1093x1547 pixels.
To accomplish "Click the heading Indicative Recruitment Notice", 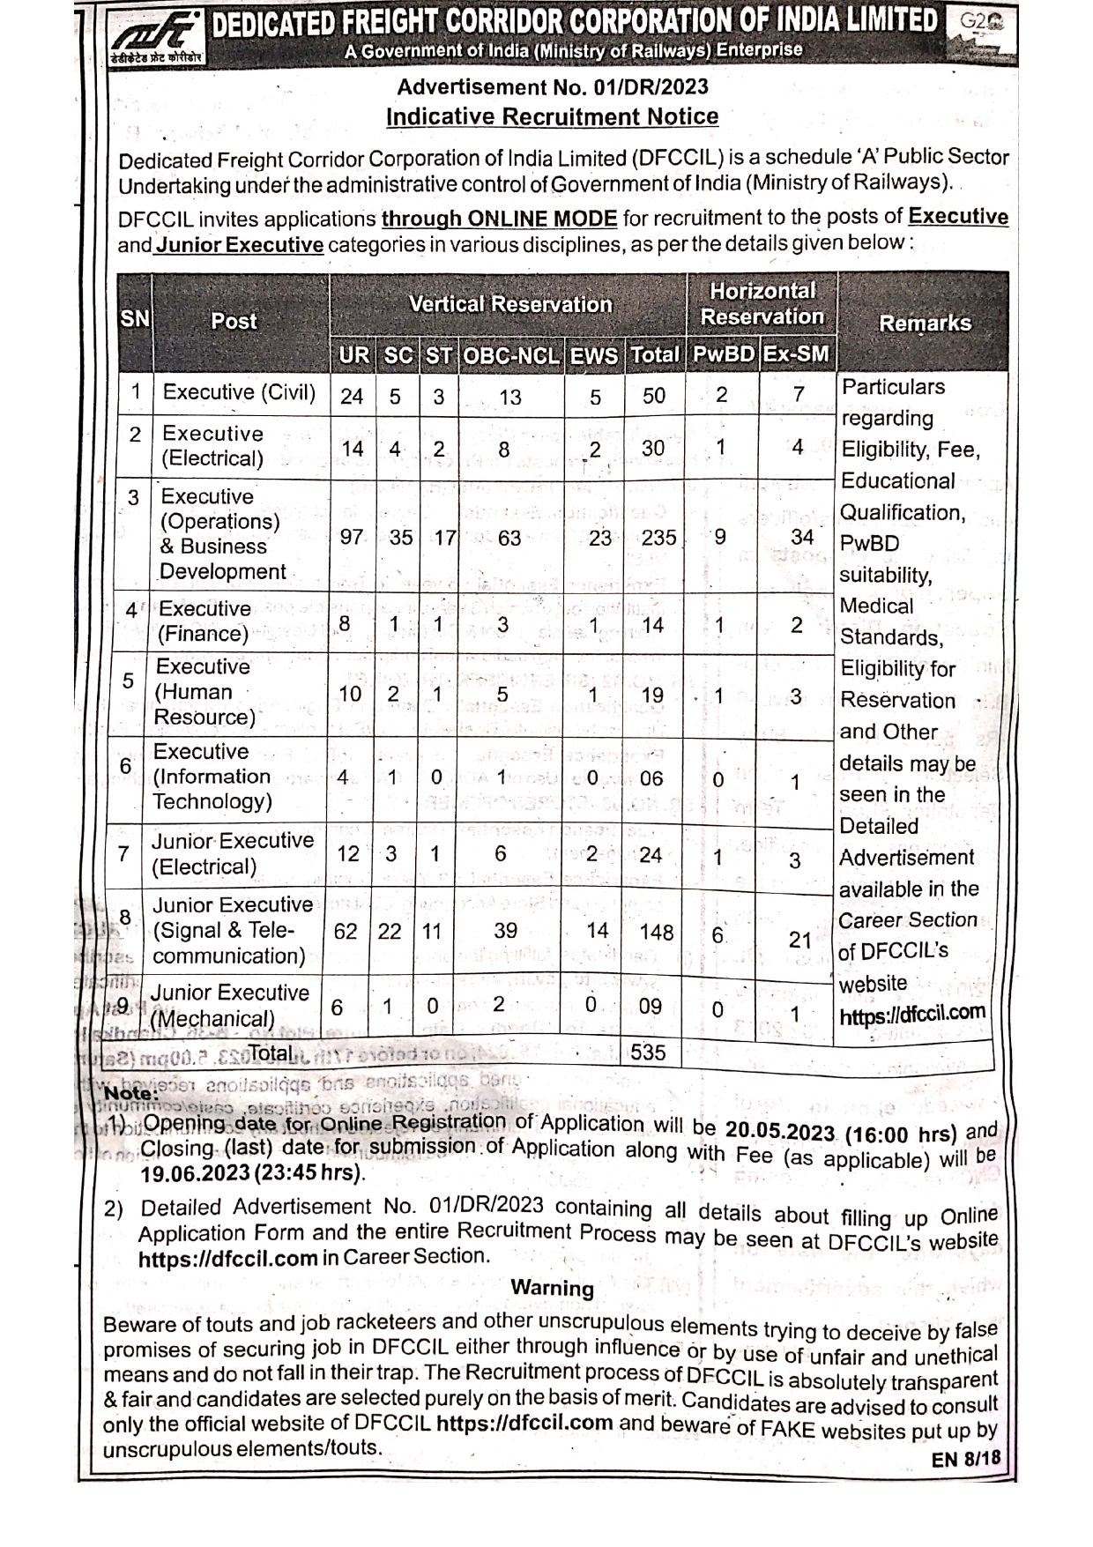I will (552, 116).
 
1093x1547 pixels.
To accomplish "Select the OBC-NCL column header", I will (511, 355).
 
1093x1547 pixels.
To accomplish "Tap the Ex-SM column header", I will (796, 354).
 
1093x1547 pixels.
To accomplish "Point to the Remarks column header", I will (925, 324).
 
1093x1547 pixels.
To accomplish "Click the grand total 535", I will (648, 1052).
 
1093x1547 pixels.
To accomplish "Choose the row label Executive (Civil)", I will (239, 392).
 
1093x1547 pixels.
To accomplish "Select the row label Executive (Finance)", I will (204, 621).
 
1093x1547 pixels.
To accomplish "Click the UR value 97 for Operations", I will (352, 537).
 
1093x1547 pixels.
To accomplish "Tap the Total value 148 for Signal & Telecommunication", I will (657, 932).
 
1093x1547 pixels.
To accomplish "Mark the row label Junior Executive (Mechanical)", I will (229, 1006).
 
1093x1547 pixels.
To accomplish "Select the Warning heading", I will (553, 1288).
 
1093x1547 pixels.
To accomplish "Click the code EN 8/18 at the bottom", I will (966, 1459).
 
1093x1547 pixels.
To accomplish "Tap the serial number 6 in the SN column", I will (126, 766).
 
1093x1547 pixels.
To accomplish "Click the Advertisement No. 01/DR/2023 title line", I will (552, 87).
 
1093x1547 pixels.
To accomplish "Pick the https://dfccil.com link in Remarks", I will (911, 1015).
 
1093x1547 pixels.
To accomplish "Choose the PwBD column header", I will (723, 354).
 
